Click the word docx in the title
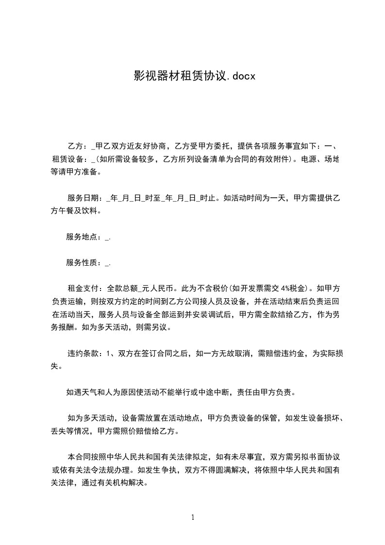coord(241,76)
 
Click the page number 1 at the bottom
coord(193,517)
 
